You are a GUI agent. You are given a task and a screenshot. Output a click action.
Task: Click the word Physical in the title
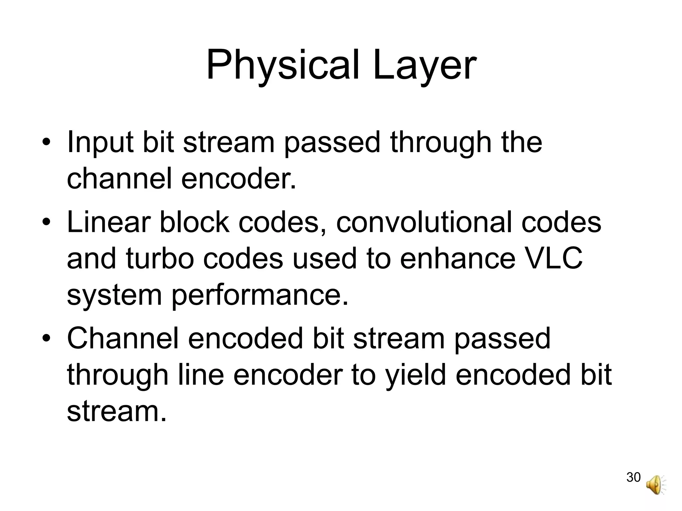click(283, 66)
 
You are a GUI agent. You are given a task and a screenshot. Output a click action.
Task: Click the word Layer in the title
click(424, 66)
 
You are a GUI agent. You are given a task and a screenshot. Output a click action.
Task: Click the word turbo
click(160, 259)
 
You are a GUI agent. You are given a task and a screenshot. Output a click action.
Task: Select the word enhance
click(458, 259)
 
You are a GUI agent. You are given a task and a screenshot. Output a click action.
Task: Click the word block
click(194, 222)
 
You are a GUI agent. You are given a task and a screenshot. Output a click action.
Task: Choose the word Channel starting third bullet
click(123, 338)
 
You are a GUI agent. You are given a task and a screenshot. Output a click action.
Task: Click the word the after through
click(522, 143)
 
